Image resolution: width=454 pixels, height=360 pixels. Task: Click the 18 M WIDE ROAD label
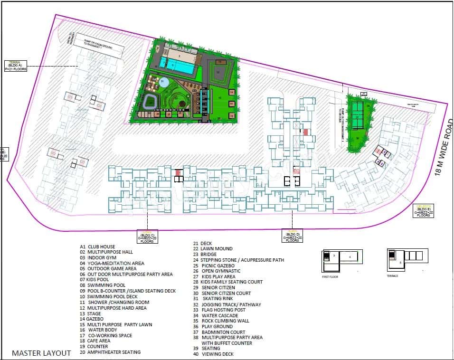click(445, 148)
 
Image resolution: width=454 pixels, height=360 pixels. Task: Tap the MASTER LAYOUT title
click(41, 353)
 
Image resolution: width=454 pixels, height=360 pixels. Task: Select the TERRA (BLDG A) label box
click(16, 66)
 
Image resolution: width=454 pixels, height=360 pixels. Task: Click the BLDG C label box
click(147, 236)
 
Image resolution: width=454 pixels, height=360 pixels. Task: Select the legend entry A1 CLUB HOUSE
click(100, 246)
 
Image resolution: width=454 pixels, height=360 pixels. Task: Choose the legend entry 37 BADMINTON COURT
click(219, 332)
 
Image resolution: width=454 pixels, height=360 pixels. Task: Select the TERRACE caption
click(392, 275)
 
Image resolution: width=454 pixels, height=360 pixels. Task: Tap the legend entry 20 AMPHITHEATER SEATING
click(110, 352)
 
